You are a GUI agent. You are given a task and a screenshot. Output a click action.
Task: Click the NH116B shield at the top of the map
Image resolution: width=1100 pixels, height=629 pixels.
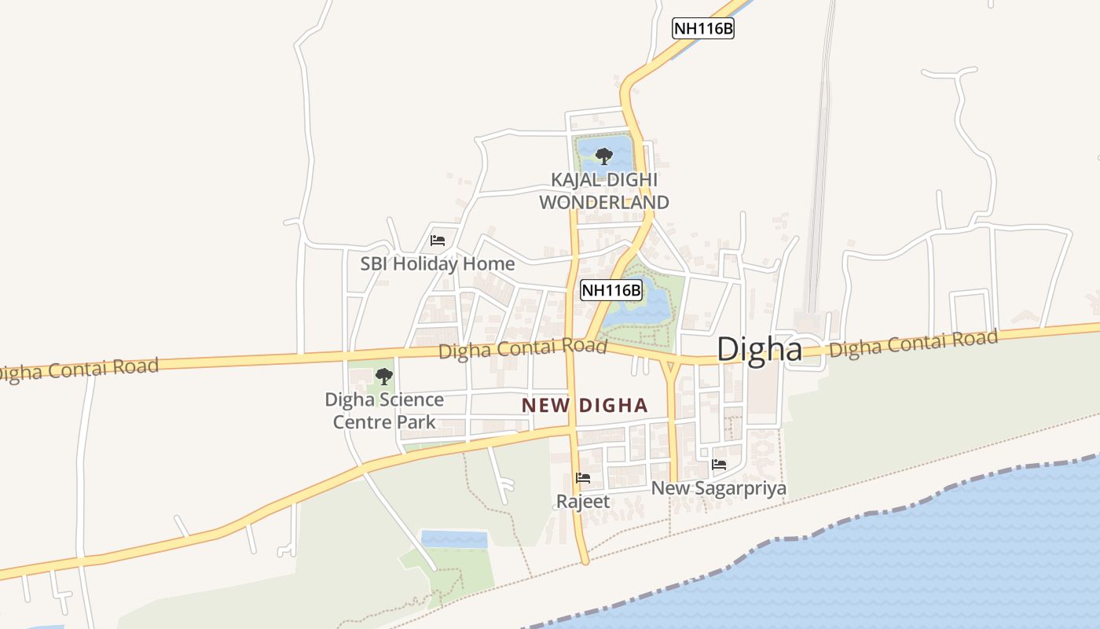pyautogui.click(x=703, y=29)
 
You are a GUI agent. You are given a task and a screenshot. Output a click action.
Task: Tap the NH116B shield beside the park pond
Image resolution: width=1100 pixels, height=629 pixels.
pyautogui.click(x=611, y=290)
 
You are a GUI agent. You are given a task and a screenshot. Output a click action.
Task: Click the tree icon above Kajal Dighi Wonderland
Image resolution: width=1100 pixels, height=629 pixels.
pyautogui.click(x=603, y=156)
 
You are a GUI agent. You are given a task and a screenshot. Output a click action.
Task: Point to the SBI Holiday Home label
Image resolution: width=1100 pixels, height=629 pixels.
pyautogui.click(x=438, y=264)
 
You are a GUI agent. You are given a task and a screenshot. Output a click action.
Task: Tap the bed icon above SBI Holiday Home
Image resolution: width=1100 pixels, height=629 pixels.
pyautogui.click(x=438, y=241)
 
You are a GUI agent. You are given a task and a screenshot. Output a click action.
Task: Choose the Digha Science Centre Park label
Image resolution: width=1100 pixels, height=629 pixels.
pyautogui.click(x=384, y=410)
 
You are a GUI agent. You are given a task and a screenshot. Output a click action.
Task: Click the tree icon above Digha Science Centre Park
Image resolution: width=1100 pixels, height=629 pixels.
pyautogui.click(x=383, y=377)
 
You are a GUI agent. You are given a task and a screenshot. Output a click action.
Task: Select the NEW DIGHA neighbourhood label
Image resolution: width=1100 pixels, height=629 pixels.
pyautogui.click(x=585, y=406)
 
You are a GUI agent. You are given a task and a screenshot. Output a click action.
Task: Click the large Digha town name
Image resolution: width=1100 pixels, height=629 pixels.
pyautogui.click(x=759, y=349)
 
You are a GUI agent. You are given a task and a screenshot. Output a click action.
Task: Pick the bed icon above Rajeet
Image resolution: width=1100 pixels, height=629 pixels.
pyautogui.click(x=583, y=477)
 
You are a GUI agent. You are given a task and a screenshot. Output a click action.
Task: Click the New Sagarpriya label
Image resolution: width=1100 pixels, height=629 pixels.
pyautogui.click(x=718, y=488)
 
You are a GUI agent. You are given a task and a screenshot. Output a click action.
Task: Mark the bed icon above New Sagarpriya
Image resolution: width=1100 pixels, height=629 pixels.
pyautogui.click(x=718, y=465)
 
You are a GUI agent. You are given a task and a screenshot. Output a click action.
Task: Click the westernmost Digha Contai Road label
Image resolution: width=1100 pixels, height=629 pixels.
pyautogui.click(x=79, y=369)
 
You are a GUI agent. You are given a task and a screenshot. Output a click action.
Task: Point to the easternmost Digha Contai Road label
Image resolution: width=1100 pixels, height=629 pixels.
pyautogui.click(x=914, y=344)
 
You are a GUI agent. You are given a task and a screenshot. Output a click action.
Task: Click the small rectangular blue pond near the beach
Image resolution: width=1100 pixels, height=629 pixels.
pyautogui.click(x=454, y=539)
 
